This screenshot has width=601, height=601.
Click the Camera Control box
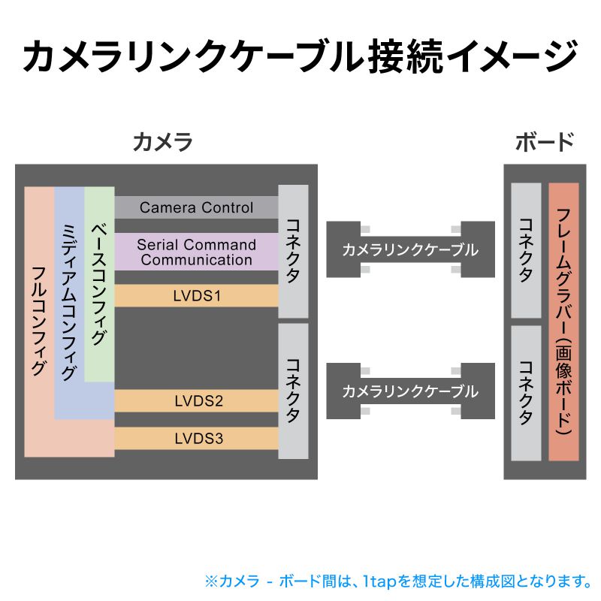pyautogui.click(x=196, y=207)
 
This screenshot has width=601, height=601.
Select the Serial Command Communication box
pyautogui.click(x=196, y=252)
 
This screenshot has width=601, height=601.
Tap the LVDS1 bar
pyautogui.click(x=196, y=295)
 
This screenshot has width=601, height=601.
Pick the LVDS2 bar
pyautogui.click(x=196, y=400)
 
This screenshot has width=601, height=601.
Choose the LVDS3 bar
pyautogui.click(x=196, y=438)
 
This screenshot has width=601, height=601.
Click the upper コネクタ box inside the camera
pyautogui.click(x=293, y=251)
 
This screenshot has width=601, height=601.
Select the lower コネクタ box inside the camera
pyautogui.click(x=293, y=391)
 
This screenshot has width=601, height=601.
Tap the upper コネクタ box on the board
pyautogui.click(x=526, y=250)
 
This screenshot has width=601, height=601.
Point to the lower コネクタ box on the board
pyautogui.click(x=526, y=393)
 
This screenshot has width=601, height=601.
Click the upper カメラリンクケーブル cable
pyautogui.click(x=410, y=249)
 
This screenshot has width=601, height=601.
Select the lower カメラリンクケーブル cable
pyautogui.click(x=410, y=391)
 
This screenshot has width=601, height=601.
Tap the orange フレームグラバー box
pyautogui.click(x=563, y=322)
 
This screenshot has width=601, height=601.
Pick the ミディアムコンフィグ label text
pyautogui.click(x=69, y=300)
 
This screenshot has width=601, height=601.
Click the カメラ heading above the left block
pyautogui.click(x=162, y=141)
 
